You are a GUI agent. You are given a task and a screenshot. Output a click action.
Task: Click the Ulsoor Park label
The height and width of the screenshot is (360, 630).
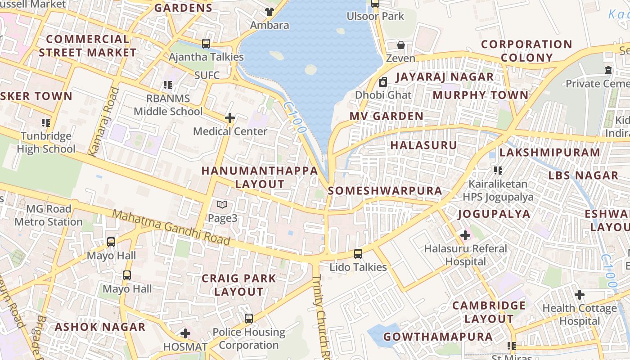pos(375,16)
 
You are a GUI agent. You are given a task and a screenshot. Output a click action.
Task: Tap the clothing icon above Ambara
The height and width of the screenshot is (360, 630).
pos(269,12)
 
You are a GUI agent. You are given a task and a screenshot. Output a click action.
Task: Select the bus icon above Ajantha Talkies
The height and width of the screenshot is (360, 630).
pos(206,44)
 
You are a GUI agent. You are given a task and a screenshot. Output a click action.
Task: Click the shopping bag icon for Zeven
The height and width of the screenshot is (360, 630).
pos(400,45)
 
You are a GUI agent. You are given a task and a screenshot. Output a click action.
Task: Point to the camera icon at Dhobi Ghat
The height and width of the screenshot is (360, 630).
pos(383,82)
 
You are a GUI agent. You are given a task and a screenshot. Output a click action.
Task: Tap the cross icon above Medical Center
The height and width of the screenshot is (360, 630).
pos(230,118)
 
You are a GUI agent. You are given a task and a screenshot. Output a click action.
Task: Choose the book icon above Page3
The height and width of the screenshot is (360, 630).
pos(222,205)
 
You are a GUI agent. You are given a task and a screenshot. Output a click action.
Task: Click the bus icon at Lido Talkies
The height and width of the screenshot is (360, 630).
pos(358,254)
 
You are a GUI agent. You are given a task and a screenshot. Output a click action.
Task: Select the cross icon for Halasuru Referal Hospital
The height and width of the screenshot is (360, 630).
pos(465,235)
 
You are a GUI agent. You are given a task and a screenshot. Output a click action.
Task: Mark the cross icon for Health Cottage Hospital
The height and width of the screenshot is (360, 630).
pos(580,295)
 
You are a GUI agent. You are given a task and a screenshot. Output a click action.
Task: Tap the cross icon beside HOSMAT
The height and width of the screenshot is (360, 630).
pos(185,333)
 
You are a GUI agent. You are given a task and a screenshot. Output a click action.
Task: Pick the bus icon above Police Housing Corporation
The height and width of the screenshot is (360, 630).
pos(249,319)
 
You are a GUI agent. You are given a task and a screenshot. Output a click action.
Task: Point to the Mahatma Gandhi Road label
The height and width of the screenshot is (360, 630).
pos(171,228)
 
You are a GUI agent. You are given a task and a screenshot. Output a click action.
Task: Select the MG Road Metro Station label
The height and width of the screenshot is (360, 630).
pos(49,216)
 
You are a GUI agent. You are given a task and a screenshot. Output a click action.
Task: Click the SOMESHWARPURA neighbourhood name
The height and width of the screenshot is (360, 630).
pos(385,191)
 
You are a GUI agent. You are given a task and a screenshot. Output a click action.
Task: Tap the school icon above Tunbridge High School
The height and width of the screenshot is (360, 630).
pos(45,123)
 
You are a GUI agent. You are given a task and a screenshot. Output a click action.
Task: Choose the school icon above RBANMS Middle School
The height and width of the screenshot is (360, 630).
pos(168,85)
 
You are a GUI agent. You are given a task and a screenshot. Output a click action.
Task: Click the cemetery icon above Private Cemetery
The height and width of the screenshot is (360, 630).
pos(608,71)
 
